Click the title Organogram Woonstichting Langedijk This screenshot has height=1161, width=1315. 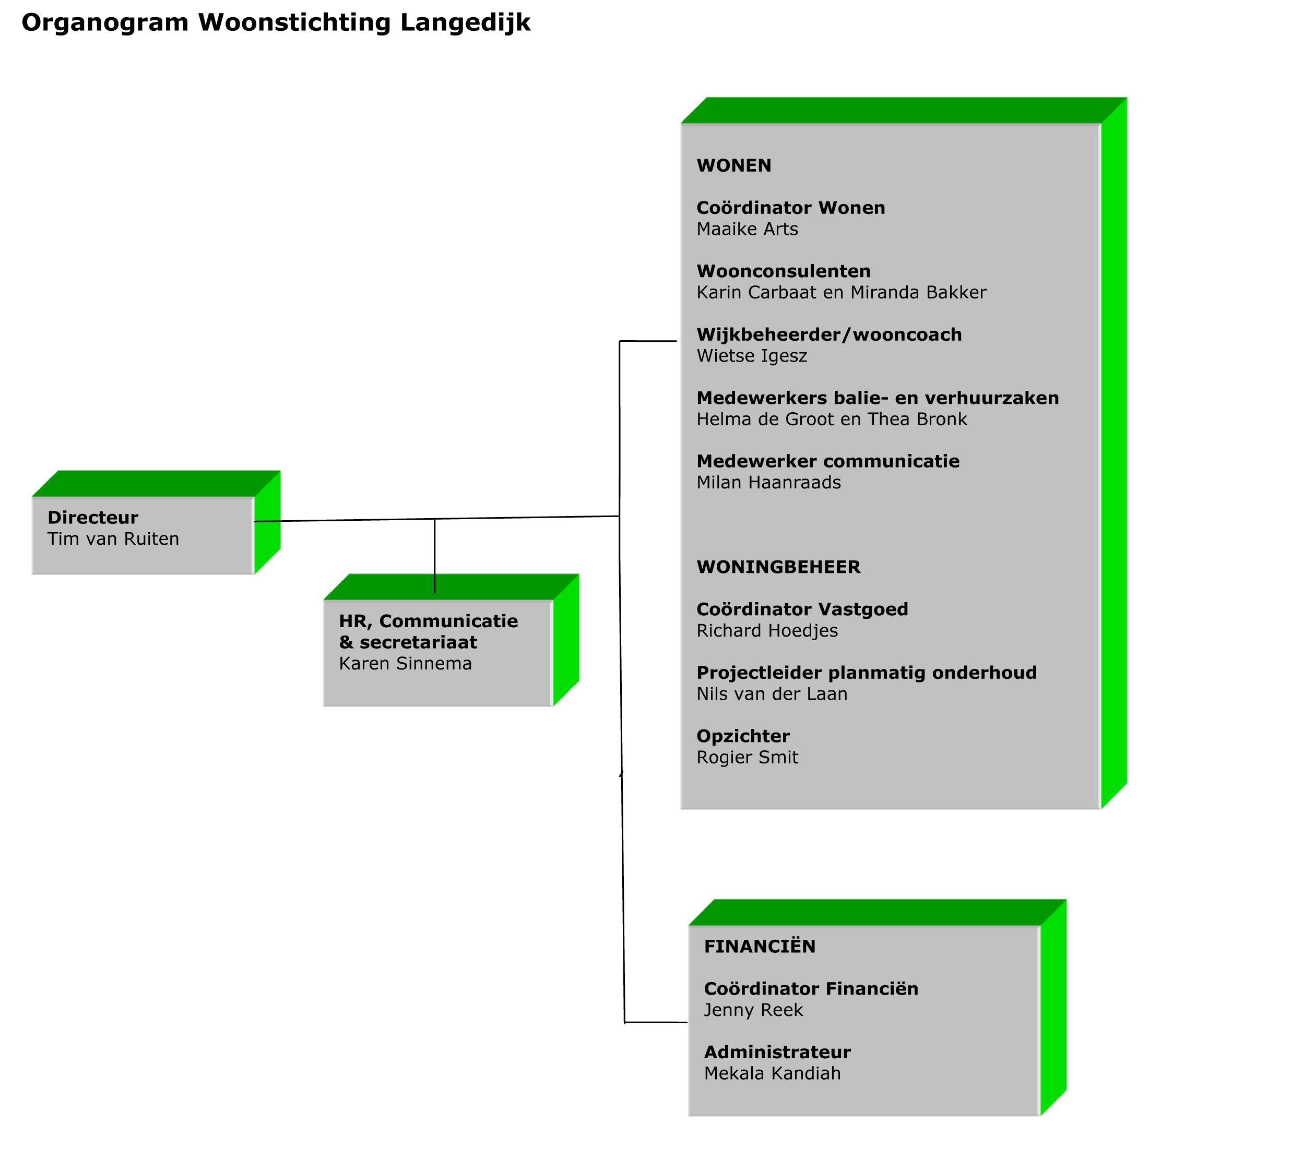(276, 23)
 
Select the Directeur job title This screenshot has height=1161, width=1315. (92, 517)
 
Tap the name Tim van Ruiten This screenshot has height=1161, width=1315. (113, 538)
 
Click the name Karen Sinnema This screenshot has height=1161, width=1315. (405, 663)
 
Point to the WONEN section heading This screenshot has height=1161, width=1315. (734, 165)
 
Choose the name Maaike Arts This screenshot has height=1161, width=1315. (747, 229)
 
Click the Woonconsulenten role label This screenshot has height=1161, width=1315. (784, 271)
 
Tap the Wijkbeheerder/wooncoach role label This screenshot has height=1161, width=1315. (830, 334)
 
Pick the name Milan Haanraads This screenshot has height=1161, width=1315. (769, 483)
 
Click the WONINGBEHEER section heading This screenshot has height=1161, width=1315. (778, 567)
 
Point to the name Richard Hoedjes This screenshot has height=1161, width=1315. (767, 630)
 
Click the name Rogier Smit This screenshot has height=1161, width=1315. (747, 757)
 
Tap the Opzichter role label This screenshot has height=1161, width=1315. (743, 736)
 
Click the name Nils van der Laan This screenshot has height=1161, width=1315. (772, 693)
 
